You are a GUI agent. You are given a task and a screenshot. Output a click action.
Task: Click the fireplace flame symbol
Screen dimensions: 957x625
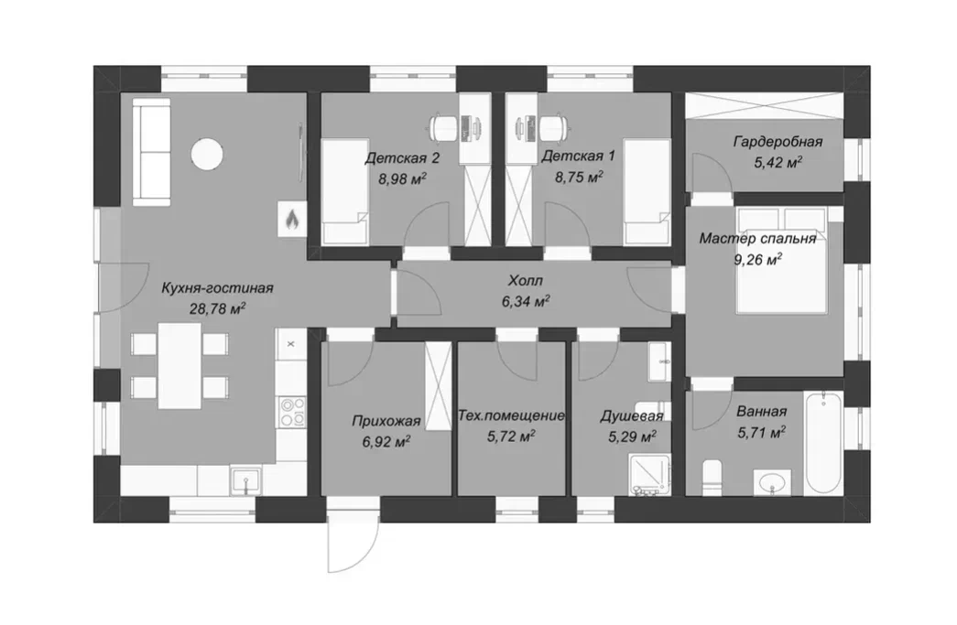[292, 219]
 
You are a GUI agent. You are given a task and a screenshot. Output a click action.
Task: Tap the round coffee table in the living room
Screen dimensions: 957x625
[206, 154]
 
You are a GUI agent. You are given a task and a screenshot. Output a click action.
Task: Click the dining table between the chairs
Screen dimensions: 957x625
[179, 366]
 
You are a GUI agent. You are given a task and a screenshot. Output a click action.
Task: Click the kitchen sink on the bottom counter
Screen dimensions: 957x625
[246, 480]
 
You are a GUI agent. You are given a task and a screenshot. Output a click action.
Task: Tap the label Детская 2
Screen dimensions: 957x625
[402, 158]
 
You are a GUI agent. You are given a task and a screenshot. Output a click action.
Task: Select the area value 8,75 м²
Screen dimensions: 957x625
[579, 178]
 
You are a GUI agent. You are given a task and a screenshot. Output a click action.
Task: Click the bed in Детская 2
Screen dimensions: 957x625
[344, 191]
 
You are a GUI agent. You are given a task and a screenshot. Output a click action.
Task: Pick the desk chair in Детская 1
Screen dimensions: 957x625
[552, 128]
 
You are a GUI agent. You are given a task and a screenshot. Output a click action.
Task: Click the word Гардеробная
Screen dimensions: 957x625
[778, 142]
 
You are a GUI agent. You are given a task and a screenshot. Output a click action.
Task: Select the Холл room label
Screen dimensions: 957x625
[525, 281]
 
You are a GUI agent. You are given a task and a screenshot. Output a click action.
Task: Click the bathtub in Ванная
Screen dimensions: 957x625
[823, 443]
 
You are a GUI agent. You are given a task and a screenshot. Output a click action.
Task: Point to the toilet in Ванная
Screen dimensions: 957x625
[712, 478]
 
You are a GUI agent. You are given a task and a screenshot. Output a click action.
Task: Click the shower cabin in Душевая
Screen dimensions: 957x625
[649, 474]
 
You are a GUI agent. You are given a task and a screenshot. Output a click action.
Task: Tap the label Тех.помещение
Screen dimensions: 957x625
[511, 415]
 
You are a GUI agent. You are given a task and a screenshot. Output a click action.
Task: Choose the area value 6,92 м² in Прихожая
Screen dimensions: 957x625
[386, 441]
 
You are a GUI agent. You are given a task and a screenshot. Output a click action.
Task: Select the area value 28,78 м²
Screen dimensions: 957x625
[217, 308]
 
